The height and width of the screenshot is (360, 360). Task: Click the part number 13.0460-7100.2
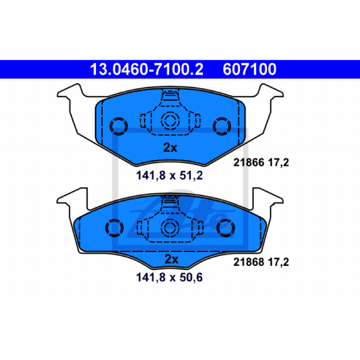[147, 69]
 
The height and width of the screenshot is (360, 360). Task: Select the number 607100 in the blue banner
[249, 69]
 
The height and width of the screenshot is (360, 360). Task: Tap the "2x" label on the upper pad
[170, 148]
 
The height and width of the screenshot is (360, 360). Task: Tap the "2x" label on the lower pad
[171, 259]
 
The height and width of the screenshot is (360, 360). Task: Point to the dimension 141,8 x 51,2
[170, 175]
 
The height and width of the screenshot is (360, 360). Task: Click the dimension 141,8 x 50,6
[170, 277]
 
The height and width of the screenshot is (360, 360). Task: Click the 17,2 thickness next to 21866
[278, 162]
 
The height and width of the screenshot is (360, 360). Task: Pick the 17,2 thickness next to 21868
[278, 262]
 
